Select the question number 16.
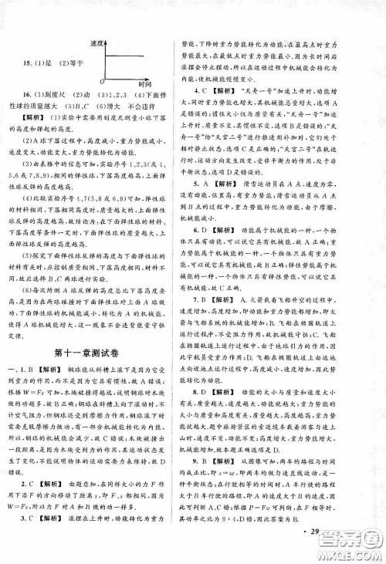(x=25, y=93)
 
